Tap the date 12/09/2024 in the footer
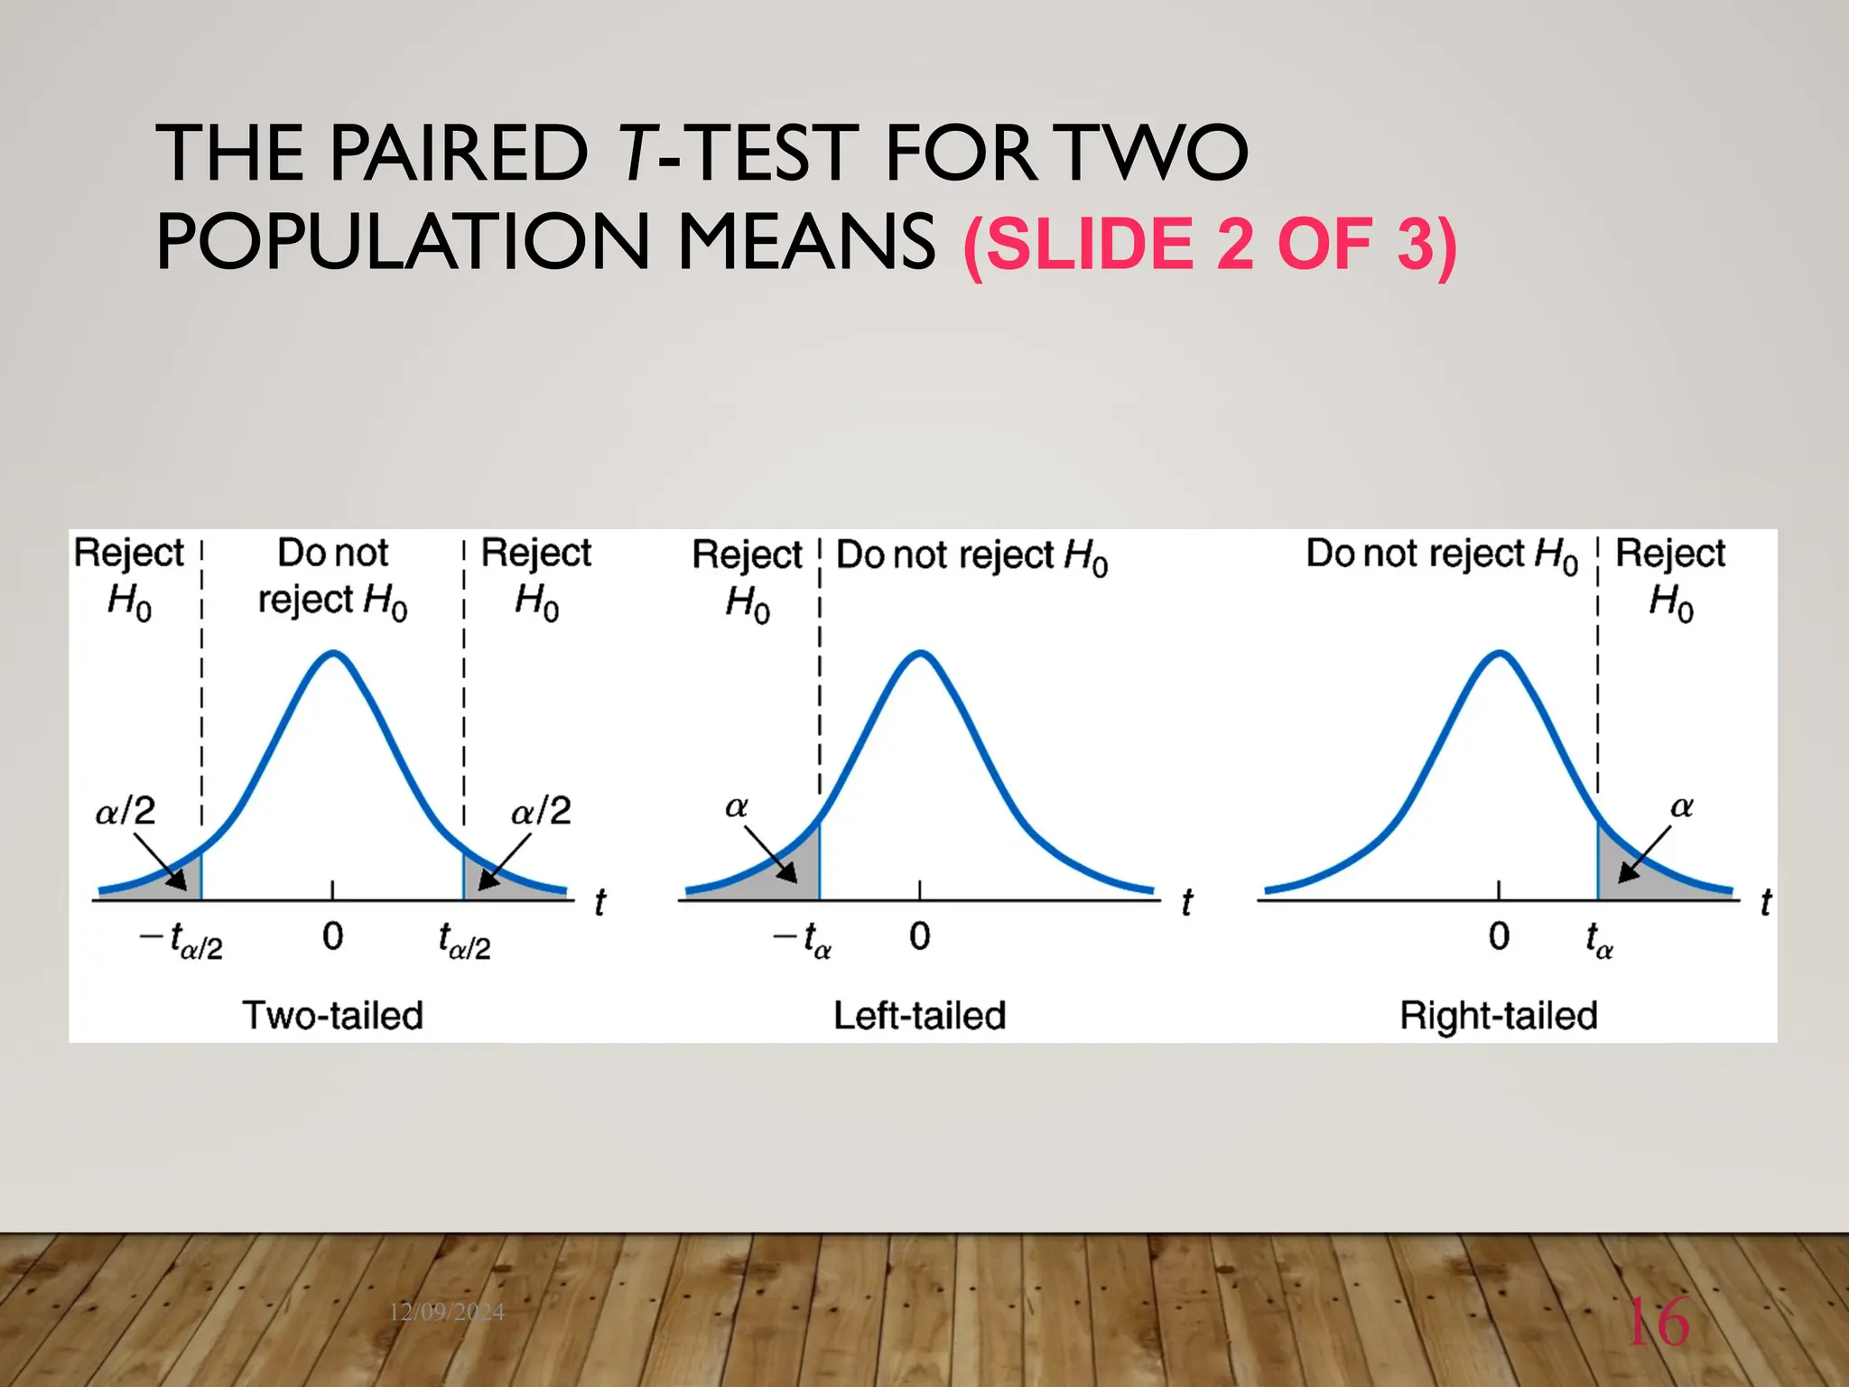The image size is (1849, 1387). tap(447, 1312)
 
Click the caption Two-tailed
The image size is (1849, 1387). tap(332, 1015)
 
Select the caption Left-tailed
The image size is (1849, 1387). tap(919, 1015)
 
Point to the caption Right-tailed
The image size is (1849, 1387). tap(1499, 1015)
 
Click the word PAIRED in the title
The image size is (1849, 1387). tap(459, 154)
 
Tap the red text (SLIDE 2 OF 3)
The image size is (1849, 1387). tap(1210, 244)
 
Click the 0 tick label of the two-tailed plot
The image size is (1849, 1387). tap(332, 936)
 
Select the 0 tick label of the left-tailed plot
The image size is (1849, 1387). tap(919, 936)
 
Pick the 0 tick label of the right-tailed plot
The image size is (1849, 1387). tap(1499, 936)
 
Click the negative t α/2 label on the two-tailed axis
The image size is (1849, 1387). tap(181, 941)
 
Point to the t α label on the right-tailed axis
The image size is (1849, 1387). tap(1599, 941)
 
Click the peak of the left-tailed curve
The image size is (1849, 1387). tap(920, 653)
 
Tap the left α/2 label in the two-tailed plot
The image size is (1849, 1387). tap(125, 810)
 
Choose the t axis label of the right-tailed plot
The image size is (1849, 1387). tap(1766, 902)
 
